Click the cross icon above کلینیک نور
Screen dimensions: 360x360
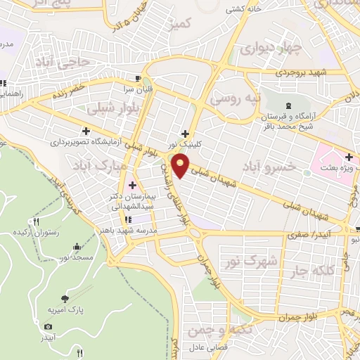(185, 133)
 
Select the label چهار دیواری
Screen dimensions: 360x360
(271, 49)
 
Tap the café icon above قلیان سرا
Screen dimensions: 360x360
(138, 78)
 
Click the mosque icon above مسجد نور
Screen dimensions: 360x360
(76, 247)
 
